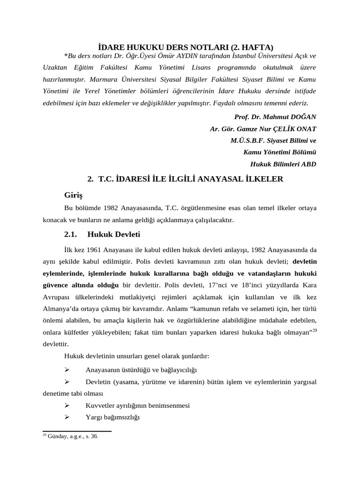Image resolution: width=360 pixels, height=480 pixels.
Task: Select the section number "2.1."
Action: tap(71, 234)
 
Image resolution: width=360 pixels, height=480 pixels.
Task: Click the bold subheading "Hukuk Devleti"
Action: tap(114, 234)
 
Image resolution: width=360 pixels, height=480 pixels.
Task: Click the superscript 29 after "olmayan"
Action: tap(315, 330)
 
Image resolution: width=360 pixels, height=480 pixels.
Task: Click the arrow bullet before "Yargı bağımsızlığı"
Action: tap(67, 417)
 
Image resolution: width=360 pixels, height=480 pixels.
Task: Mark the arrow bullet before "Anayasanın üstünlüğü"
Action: tap(67, 369)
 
